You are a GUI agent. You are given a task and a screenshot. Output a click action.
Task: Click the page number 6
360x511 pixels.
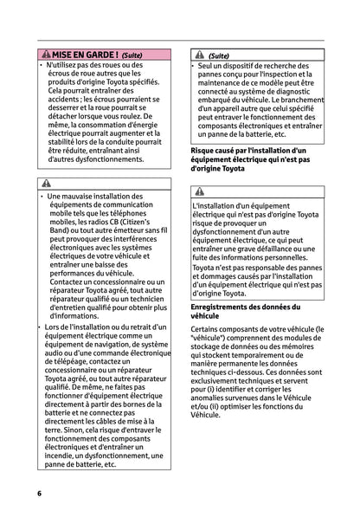click(39, 492)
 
